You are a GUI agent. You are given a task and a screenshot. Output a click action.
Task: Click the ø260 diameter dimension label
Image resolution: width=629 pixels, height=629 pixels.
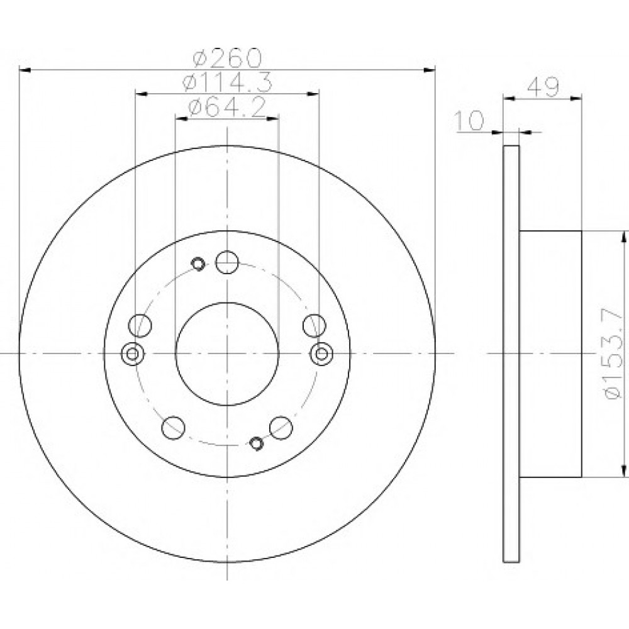pos(227,58)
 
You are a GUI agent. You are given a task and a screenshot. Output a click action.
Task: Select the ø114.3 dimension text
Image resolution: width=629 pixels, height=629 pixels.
pos(227,81)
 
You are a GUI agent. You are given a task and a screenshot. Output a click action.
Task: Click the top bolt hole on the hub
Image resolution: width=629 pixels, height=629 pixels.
pos(227,262)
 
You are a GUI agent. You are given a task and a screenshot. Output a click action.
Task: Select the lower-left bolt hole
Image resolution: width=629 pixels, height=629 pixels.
pos(173,427)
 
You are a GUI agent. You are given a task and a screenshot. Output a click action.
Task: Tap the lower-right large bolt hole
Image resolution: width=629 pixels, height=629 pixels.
pos(281,427)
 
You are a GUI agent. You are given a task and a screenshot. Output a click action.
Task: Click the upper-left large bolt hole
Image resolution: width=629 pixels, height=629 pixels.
pos(140,325)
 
